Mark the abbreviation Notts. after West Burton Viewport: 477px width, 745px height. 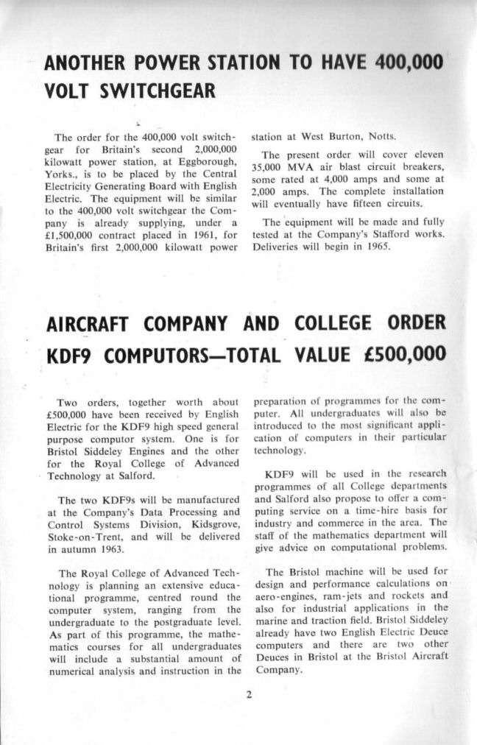click(382, 137)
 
